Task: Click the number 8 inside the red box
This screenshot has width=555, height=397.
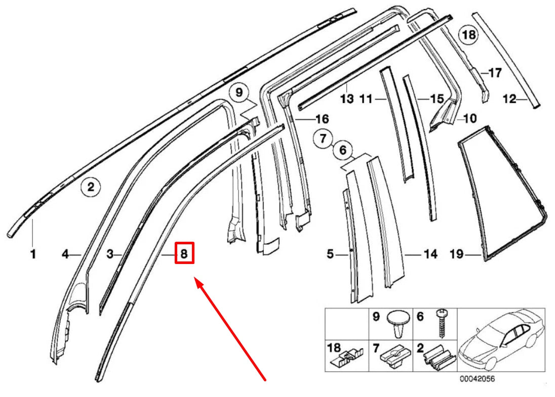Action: (x=184, y=254)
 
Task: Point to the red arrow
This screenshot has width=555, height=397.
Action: (x=231, y=329)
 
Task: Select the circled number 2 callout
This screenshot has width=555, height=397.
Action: (x=91, y=188)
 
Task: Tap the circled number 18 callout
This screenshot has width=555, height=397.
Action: (x=468, y=34)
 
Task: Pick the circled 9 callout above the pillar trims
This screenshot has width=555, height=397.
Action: (x=239, y=92)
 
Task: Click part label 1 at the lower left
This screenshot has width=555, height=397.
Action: (x=33, y=254)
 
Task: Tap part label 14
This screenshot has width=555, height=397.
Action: (x=430, y=254)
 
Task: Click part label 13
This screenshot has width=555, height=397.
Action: (x=347, y=99)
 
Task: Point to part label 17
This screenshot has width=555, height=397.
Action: (x=494, y=73)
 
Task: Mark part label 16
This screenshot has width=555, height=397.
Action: (x=322, y=119)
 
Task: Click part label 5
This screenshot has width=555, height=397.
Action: (x=330, y=254)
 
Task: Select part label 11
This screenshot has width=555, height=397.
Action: (x=366, y=99)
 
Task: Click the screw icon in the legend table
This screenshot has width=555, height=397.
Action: (x=441, y=324)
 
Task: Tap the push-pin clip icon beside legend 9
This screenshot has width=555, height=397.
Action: (x=399, y=323)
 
